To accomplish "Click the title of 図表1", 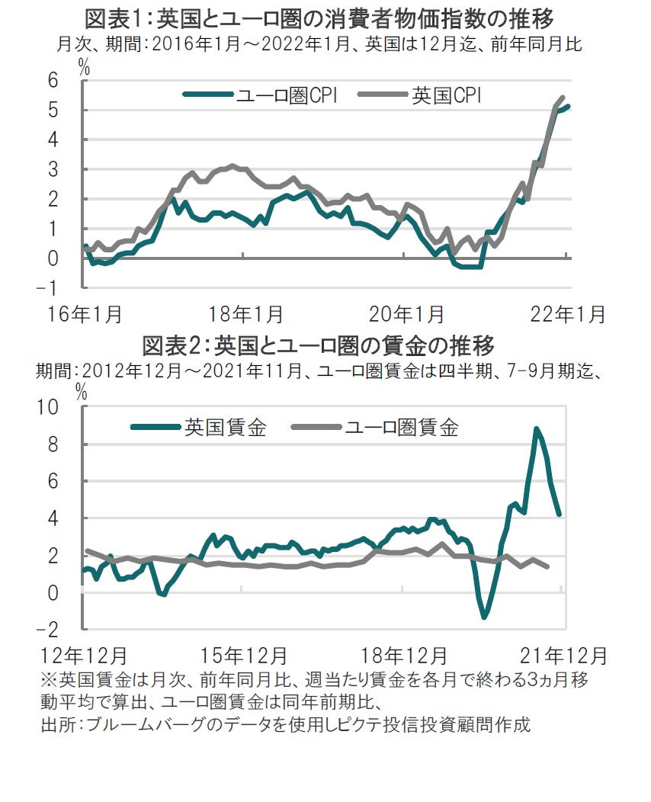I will point(319,18).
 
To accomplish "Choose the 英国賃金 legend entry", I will point(200,427).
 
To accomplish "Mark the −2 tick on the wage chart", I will point(48,629).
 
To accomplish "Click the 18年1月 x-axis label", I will point(246,313).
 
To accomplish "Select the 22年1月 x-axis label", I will point(568,313).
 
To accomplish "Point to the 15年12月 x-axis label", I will point(245,655).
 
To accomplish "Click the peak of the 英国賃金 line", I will point(537,429).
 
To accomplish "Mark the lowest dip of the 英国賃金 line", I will point(484,617).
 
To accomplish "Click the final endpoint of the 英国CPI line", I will point(563,98).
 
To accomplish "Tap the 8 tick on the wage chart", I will point(53,444).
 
